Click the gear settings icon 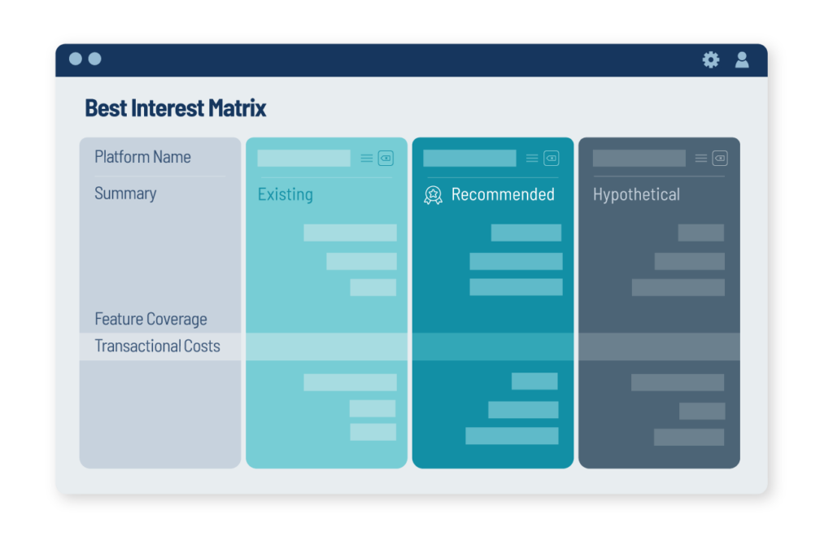click(x=711, y=59)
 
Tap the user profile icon click(x=742, y=59)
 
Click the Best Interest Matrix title click(x=176, y=108)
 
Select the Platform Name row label click(x=142, y=157)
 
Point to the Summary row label click(x=125, y=194)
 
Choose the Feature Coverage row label click(x=150, y=319)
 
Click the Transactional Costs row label click(x=157, y=347)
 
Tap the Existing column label click(x=286, y=194)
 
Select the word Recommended click(x=503, y=194)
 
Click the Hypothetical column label click(x=636, y=194)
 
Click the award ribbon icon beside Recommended click(x=433, y=195)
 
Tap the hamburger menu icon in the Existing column click(x=367, y=159)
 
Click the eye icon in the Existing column click(x=386, y=159)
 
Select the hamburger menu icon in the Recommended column click(x=532, y=159)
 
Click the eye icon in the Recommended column click(x=552, y=159)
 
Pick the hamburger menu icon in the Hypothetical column click(x=701, y=159)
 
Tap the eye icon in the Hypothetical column click(x=720, y=159)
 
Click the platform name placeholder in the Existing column click(x=304, y=159)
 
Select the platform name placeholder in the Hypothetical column click(x=639, y=159)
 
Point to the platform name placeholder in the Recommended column click(x=469, y=159)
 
